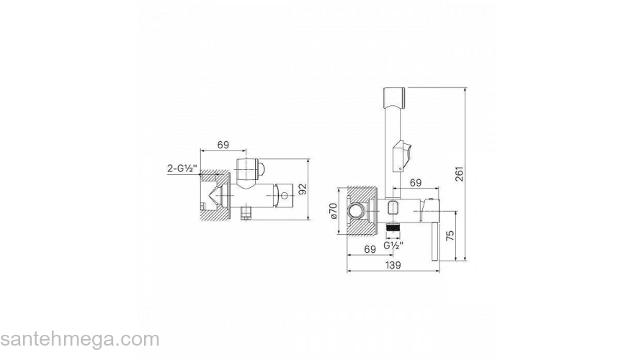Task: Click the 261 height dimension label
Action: coord(460,174)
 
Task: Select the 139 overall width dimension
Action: coord(393,265)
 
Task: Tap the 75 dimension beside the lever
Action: coord(450,235)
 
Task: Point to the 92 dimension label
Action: coord(303,189)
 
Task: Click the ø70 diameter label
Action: coord(333,210)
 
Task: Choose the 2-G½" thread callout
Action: coord(182,168)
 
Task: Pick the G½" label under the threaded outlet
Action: coord(393,245)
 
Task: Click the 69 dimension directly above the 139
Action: coord(370,249)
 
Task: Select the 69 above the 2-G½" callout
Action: coord(223,145)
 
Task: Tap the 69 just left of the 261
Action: coord(416,183)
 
